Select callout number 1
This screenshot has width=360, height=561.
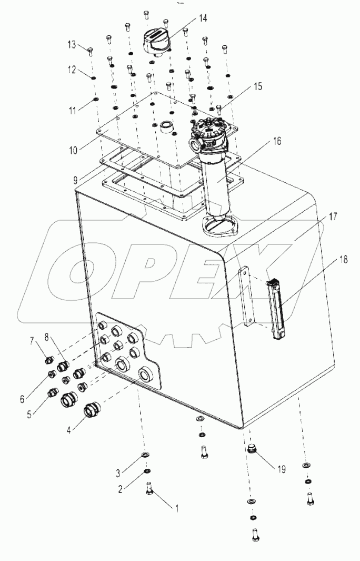[177, 509]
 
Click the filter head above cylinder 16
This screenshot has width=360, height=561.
[213, 134]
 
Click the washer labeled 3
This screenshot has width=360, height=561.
[145, 455]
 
